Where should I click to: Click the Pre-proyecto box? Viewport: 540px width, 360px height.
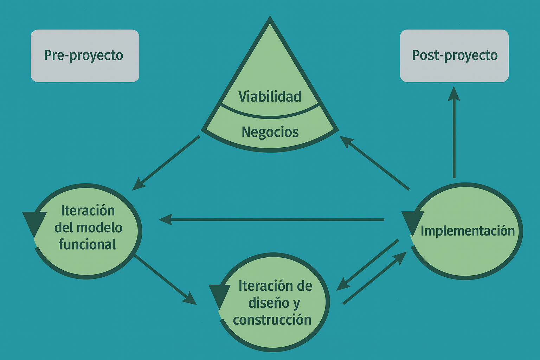point(85,56)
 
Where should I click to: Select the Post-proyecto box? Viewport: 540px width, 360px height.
point(454,56)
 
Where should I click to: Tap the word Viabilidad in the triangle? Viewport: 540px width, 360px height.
point(270,97)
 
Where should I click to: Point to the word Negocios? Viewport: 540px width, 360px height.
point(270,132)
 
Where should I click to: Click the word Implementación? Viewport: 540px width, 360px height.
point(468,231)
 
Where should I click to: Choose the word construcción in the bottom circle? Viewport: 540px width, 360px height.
point(272,320)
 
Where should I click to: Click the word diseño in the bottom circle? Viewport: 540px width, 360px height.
point(269,303)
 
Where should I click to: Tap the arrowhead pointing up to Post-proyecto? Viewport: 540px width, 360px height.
point(454,94)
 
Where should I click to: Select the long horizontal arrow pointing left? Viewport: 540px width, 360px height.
point(271,220)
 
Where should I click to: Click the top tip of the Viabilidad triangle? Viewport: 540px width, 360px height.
point(270,18)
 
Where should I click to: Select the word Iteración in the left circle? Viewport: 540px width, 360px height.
point(88,211)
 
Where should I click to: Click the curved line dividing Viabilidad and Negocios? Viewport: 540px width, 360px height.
point(270,116)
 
